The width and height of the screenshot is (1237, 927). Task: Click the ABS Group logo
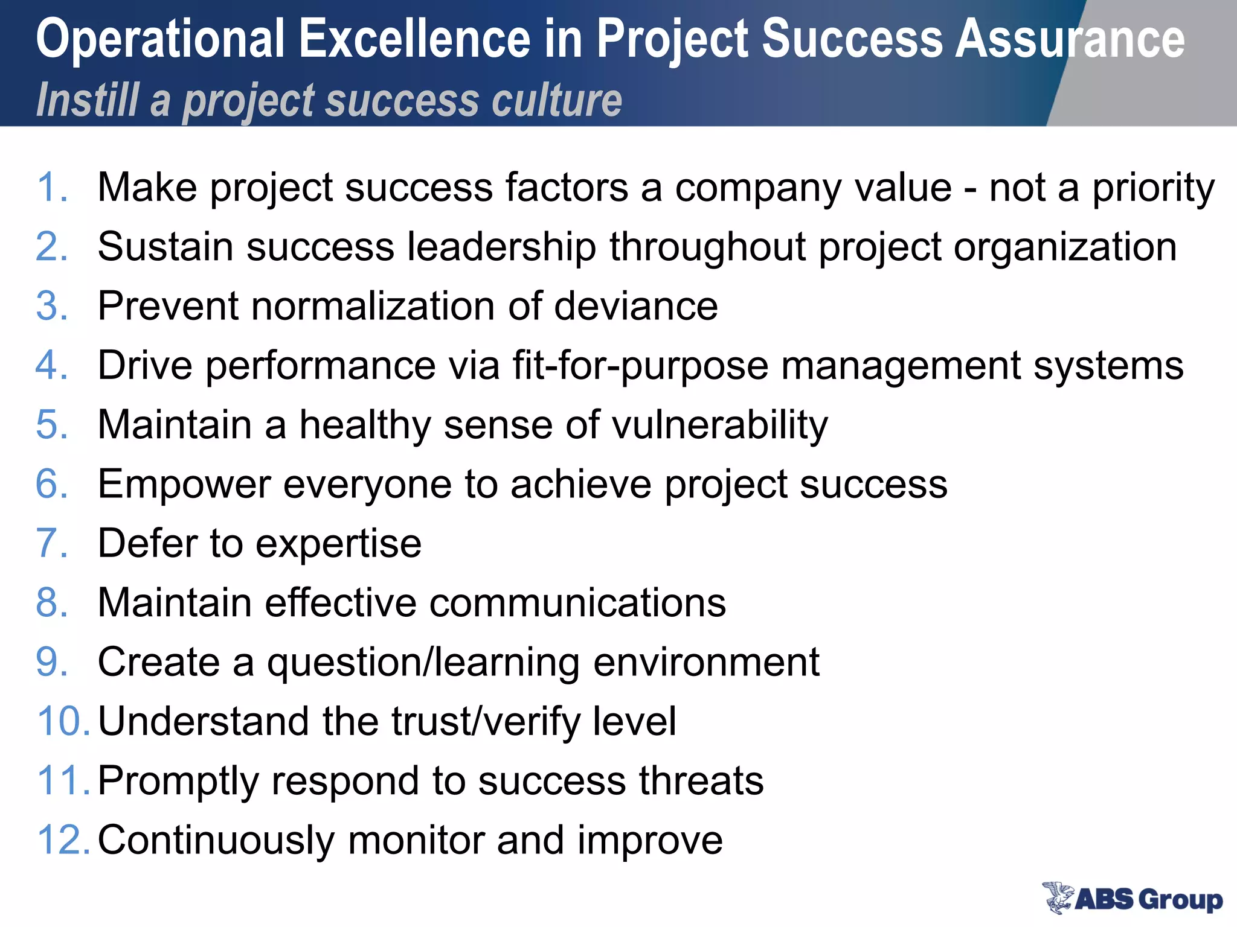click(1132, 898)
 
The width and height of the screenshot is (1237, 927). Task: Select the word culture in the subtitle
click(556, 100)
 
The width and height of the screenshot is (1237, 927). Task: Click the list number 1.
click(52, 187)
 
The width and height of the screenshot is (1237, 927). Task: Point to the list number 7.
click(52, 543)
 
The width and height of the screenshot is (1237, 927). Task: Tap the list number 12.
click(63, 839)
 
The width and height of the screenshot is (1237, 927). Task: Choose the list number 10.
click(63, 721)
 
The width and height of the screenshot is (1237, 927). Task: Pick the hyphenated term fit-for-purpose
click(640, 366)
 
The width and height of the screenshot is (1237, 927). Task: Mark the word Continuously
click(216, 840)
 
